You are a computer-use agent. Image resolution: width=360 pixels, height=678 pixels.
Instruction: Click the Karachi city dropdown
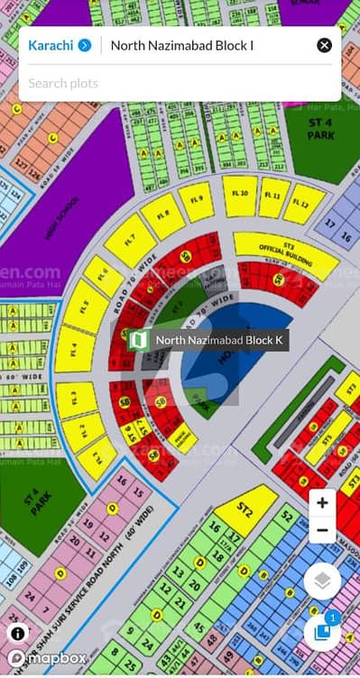[60, 45]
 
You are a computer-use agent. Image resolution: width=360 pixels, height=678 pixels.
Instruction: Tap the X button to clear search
[324, 45]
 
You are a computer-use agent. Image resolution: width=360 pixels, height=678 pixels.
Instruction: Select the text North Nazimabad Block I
[181, 45]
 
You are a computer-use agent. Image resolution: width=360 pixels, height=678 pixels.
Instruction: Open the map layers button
[322, 582]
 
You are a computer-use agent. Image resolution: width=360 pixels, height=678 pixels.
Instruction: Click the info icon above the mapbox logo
[18, 633]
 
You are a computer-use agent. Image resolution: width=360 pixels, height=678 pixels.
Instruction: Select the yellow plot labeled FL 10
[240, 195]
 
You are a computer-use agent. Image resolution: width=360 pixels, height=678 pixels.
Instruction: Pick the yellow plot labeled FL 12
[304, 205]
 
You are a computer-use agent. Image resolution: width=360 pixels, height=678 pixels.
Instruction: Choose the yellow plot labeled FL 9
[196, 201]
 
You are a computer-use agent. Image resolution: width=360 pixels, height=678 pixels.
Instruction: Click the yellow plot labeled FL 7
[130, 242]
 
